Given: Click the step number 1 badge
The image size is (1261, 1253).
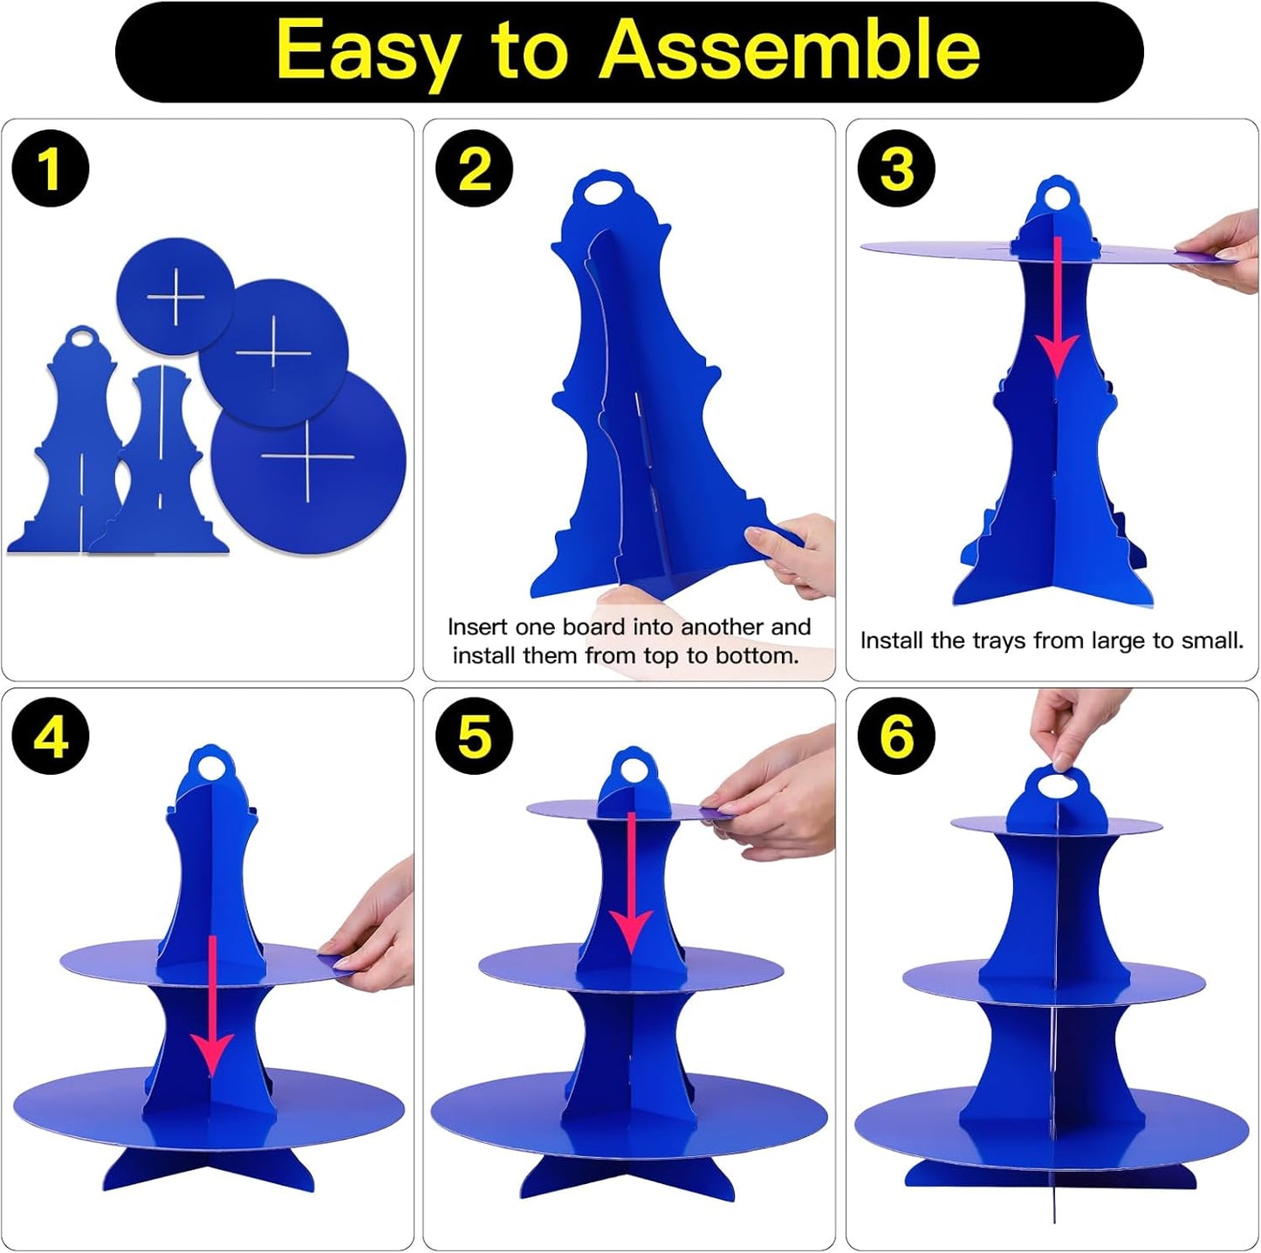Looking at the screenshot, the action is click(51, 168).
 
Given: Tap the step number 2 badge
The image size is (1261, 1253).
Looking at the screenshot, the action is click(475, 168).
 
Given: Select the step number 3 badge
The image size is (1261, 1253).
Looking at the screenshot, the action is click(896, 168).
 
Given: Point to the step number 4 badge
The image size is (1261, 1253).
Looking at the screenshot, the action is click(51, 736).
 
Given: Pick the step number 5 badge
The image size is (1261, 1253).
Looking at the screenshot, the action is click(475, 736).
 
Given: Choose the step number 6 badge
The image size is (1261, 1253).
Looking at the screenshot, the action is click(896, 736).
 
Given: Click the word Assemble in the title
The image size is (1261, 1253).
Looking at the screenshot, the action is click(789, 50).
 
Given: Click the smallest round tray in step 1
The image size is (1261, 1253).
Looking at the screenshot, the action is click(175, 296).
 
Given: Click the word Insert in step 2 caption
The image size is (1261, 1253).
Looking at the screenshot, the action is click(477, 626).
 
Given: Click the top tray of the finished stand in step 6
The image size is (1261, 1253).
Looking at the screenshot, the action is click(1056, 825).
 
